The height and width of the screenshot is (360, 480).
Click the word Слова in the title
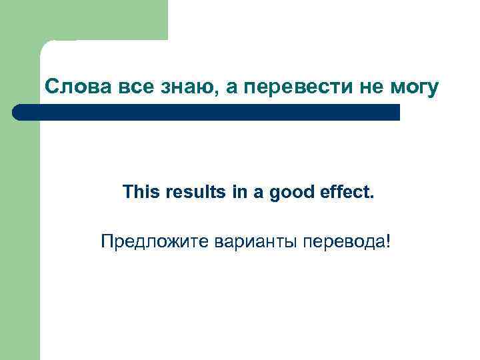70,87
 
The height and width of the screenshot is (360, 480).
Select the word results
187,193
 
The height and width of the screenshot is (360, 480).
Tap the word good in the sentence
290,193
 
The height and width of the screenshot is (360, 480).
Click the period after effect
373,197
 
